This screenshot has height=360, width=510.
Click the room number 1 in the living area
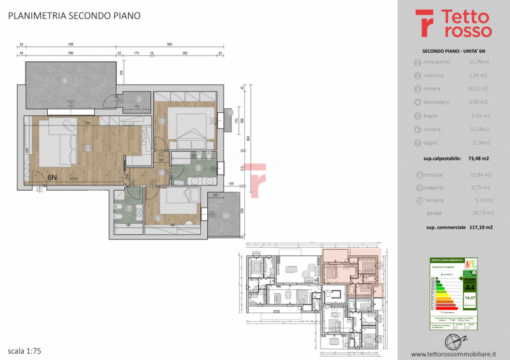point(87,148)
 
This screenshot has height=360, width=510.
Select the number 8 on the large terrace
point(64,81)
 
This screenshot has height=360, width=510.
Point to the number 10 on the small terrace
point(225,215)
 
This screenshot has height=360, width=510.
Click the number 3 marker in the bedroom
point(162,120)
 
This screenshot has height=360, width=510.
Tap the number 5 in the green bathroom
point(198,168)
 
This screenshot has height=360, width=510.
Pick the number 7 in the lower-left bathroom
point(130,208)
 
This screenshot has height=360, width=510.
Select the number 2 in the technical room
point(129,98)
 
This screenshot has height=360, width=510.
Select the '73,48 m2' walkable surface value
point(477,157)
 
